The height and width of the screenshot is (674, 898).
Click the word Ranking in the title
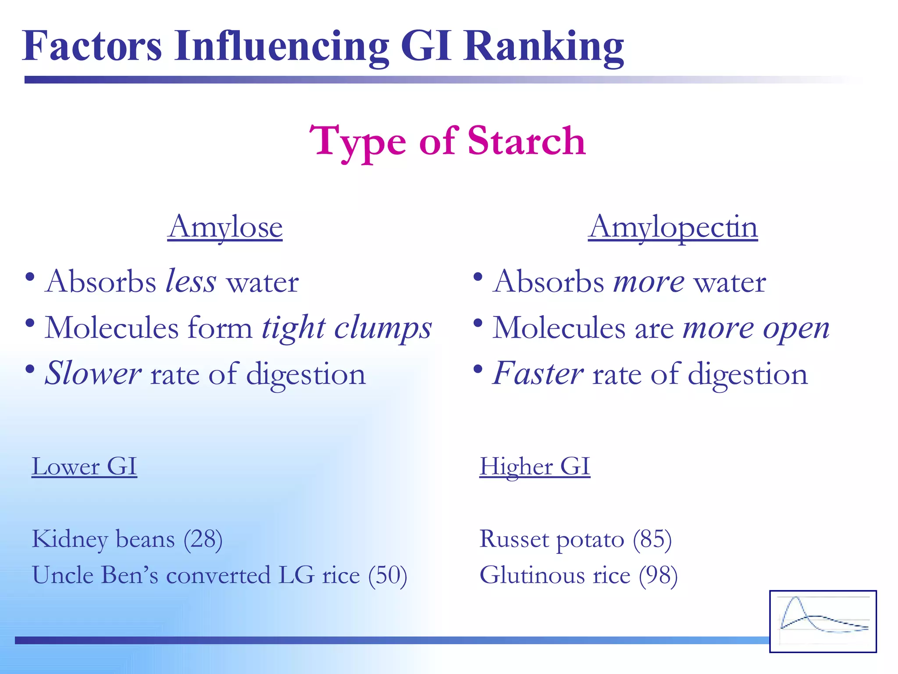coord(544,47)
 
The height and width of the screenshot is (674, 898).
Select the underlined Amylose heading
coord(225,227)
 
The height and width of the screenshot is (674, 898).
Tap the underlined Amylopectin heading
coord(673,227)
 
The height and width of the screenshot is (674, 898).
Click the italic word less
coord(191,281)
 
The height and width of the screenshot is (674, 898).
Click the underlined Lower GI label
coord(84,466)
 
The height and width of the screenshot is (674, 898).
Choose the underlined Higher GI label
coord(535,466)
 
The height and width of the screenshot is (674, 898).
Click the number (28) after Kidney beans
coord(203,539)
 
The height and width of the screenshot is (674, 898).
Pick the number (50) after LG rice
coord(388,575)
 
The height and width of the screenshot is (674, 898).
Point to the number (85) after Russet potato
coord(652,539)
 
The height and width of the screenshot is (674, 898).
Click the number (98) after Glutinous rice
coord(658,575)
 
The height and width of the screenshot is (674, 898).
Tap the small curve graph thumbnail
coord(823,621)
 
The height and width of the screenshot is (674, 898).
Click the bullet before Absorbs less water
coord(30,277)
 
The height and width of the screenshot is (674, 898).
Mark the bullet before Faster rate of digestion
coord(478,369)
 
